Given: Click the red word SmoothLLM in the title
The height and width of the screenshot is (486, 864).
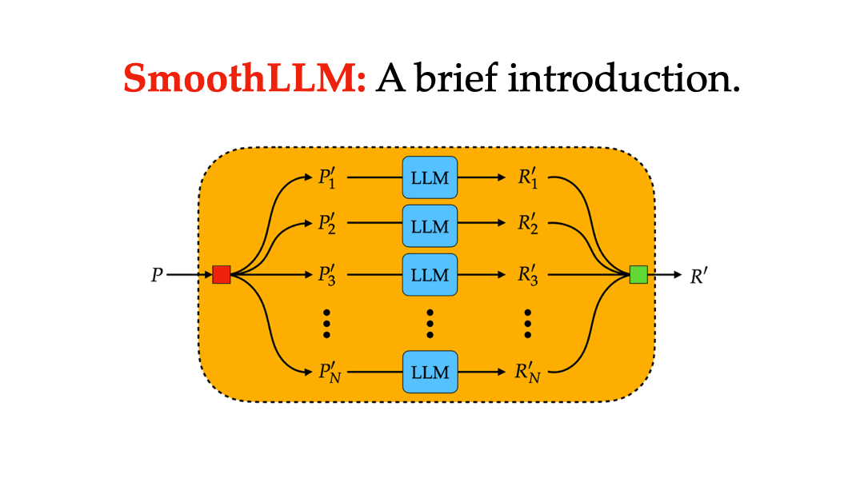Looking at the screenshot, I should pos(245,78).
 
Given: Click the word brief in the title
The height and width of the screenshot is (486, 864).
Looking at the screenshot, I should pos(466,78).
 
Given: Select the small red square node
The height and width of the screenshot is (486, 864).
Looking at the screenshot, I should pos(222,275).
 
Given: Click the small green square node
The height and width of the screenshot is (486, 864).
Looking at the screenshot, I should pos(638,275).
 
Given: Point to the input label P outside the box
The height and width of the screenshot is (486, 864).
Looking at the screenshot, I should pos(157,276).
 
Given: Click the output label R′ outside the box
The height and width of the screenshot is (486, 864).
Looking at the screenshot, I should pos(698,276).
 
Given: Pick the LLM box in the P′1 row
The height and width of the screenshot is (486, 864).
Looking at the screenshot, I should pos(430,177).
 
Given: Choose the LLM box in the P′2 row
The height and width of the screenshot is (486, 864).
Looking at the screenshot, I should pos(430,226).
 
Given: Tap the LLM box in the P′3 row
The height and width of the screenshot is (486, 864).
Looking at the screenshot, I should pos(430,275).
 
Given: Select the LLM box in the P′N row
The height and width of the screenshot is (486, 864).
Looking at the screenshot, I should pos(430,372).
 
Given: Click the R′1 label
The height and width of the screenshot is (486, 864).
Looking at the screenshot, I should pos(527,178).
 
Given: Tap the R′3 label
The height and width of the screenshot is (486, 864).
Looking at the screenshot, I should pos(527,276).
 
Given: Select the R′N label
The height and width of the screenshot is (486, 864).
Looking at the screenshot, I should pos(529,372).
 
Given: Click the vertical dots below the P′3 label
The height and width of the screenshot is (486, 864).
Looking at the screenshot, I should pos(326,323).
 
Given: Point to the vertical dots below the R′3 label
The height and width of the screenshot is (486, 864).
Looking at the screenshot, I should pos(528,323).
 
